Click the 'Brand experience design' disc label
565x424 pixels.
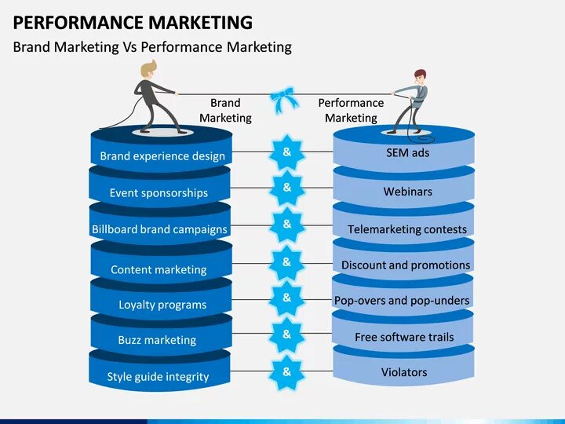[x=162, y=156]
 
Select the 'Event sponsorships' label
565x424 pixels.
[x=159, y=193]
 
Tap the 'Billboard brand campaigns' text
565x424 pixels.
[x=159, y=230]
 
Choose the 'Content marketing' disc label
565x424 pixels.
[x=159, y=269]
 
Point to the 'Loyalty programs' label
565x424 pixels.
[x=162, y=305]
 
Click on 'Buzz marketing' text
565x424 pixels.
[x=157, y=340]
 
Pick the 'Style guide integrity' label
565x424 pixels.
[x=158, y=377]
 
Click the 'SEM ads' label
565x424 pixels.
[x=407, y=152]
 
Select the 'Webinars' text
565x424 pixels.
[x=407, y=192]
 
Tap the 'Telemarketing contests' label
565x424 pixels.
[x=407, y=230]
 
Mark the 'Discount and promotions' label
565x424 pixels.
[x=406, y=265]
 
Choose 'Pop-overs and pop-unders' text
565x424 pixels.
[x=402, y=301]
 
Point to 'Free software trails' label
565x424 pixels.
[x=404, y=337]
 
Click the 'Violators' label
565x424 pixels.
[x=404, y=372]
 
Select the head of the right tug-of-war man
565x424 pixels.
[x=420, y=76]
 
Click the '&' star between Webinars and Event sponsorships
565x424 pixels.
[x=286, y=188]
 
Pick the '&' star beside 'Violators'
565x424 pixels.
[x=286, y=372]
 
